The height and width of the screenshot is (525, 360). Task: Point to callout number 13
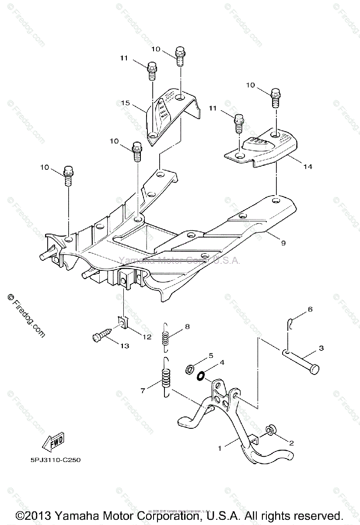(x=125, y=346)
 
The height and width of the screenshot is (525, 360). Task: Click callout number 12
(x=147, y=336)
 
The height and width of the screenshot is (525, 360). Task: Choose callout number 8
(x=188, y=326)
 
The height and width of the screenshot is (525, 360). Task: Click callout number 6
(x=310, y=309)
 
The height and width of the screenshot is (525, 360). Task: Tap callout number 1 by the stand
(x=221, y=448)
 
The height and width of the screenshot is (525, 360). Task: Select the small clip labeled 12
(x=124, y=323)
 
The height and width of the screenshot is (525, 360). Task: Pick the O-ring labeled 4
(x=201, y=375)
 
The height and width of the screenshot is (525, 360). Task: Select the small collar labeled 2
(x=271, y=431)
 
